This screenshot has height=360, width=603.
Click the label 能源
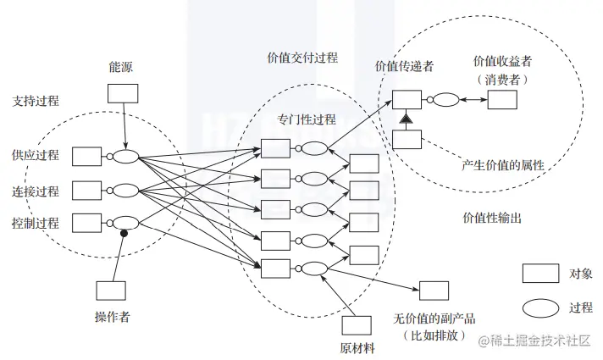pyautogui.click(x=121, y=67)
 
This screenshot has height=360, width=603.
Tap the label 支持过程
pyautogui.click(x=36, y=101)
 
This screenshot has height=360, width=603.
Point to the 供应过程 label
pyautogui.click(x=36, y=155)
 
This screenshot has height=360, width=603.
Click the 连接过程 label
pyautogui.click(x=36, y=190)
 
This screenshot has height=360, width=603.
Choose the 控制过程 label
pyautogui.click(x=36, y=224)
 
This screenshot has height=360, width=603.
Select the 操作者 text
pyautogui.click(x=111, y=317)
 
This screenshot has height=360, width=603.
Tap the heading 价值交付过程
pyautogui.click(x=302, y=58)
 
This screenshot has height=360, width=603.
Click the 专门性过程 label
pyautogui.click(x=307, y=119)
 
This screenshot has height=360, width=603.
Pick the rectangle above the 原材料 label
pyautogui.click(x=357, y=324)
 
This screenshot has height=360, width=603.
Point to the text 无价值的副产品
pyautogui.click(x=434, y=318)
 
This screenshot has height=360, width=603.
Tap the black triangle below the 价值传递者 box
pyautogui.click(x=407, y=118)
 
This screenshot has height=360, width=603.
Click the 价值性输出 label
pyautogui.click(x=492, y=218)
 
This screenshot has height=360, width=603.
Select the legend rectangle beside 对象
pyautogui.click(x=539, y=273)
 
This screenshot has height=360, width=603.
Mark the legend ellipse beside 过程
pyautogui.click(x=539, y=307)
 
